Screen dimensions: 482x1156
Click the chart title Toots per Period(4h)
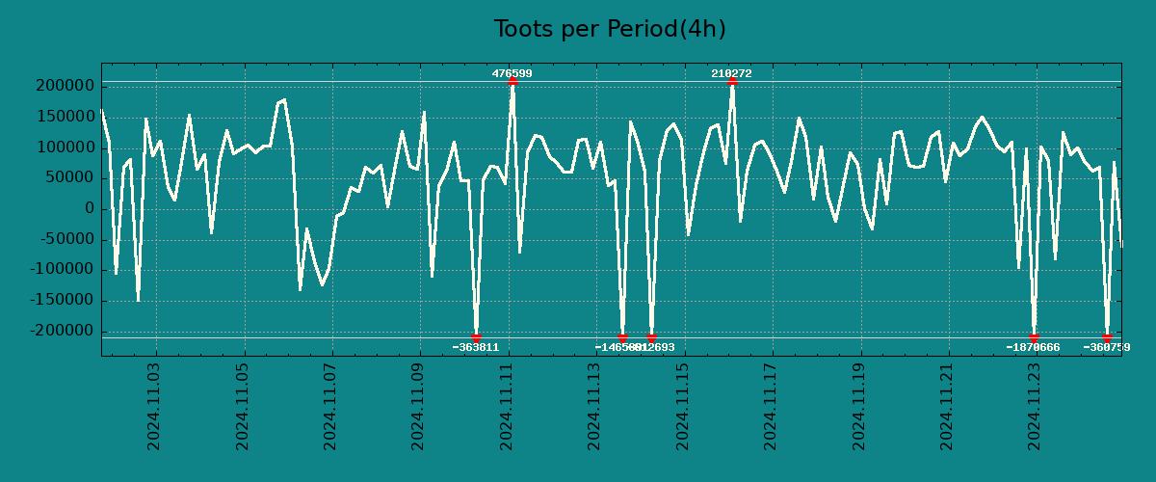coord(609,29)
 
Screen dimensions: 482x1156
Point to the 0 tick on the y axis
coord(90,208)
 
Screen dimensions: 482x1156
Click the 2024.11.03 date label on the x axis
coord(154,407)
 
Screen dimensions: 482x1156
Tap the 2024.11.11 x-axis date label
coord(507,407)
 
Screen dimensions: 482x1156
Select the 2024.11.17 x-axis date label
coord(772,407)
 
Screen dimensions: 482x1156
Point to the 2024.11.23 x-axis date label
coord(1036,407)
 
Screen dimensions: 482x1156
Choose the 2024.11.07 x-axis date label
coord(330,407)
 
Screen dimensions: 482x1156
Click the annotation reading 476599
coord(512,73)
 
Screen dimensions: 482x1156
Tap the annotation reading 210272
coord(731,73)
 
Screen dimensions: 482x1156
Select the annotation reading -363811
coord(476,347)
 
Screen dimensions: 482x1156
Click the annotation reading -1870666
coord(1033,347)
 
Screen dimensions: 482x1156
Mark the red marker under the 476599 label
coord(512,81)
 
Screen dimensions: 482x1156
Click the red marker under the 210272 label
coord(732,81)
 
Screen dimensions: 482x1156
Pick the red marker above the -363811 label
coord(476,337)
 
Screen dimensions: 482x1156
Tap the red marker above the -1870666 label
coord(1034,337)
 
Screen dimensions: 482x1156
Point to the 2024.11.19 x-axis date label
coord(859,407)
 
